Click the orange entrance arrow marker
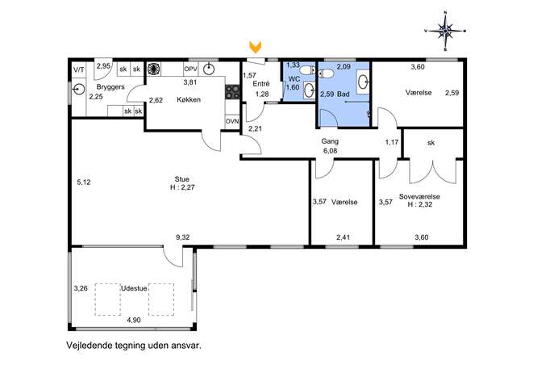pyautogui.click(x=255, y=47)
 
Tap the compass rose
pyautogui.click(x=445, y=31)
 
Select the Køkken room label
pyautogui.click(x=189, y=100)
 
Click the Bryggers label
pyautogui.click(x=110, y=86)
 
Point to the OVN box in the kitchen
pyautogui.click(x=232, y=121)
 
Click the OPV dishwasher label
pyautogui.click(x=191, y=69)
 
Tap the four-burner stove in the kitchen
pyautogui.click(x=232, y=92)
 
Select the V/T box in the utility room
pyautogui.click(x=79, y=69)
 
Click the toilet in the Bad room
pyautogui.click(x=326, y=73)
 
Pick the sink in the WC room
pyautogui.click(x=309, y=90)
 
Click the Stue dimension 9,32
pyautogui.click(x=183, y=237)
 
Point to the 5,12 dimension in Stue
pyautogui.click(x=84, y=182)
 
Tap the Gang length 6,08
pyautogui.click(x=330, y=151)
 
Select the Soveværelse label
pyautogui.click(x=419, y=196)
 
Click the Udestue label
pyautogui.click(x=134, y=288)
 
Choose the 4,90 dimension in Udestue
pyautogui.click(x=134, y=321)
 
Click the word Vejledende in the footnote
pyautogui.click(x=89, y=346)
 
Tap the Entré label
pyautogui.click(x=261, y=84)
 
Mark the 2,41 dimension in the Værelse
pyautogui.click(x=343, y=237)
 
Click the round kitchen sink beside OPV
pyautogui.click(x=210, y=69)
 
